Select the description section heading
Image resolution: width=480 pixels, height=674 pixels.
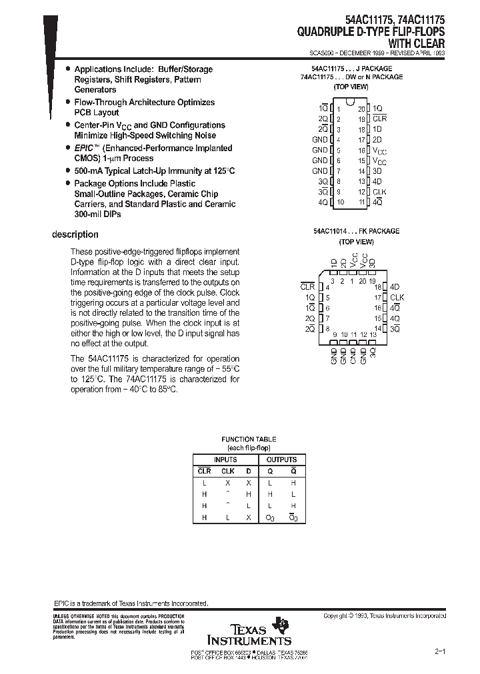(x=75, y=234)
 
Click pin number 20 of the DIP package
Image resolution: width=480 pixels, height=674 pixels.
(x=361, y=109)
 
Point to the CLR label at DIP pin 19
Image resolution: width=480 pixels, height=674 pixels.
(x=380, y=119)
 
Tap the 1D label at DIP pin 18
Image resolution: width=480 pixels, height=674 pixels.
(x=377, y=129)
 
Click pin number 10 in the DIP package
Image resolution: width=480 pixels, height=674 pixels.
(x=341, y=202)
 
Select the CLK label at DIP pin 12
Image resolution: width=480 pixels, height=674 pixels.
(x=380, y=192)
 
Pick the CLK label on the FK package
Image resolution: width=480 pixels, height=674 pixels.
(x=397, y=297)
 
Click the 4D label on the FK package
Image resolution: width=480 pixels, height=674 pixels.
(x=395, y=286)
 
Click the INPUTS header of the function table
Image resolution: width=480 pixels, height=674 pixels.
(x=225, y=460)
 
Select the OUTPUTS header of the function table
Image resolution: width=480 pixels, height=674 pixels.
(x=281, y=460)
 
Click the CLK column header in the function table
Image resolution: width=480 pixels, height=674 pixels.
(x=227, y=472)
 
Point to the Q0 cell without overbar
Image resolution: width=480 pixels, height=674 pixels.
(x=270, y=517)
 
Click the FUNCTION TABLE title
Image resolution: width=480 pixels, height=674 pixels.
(x=249, y=440)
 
